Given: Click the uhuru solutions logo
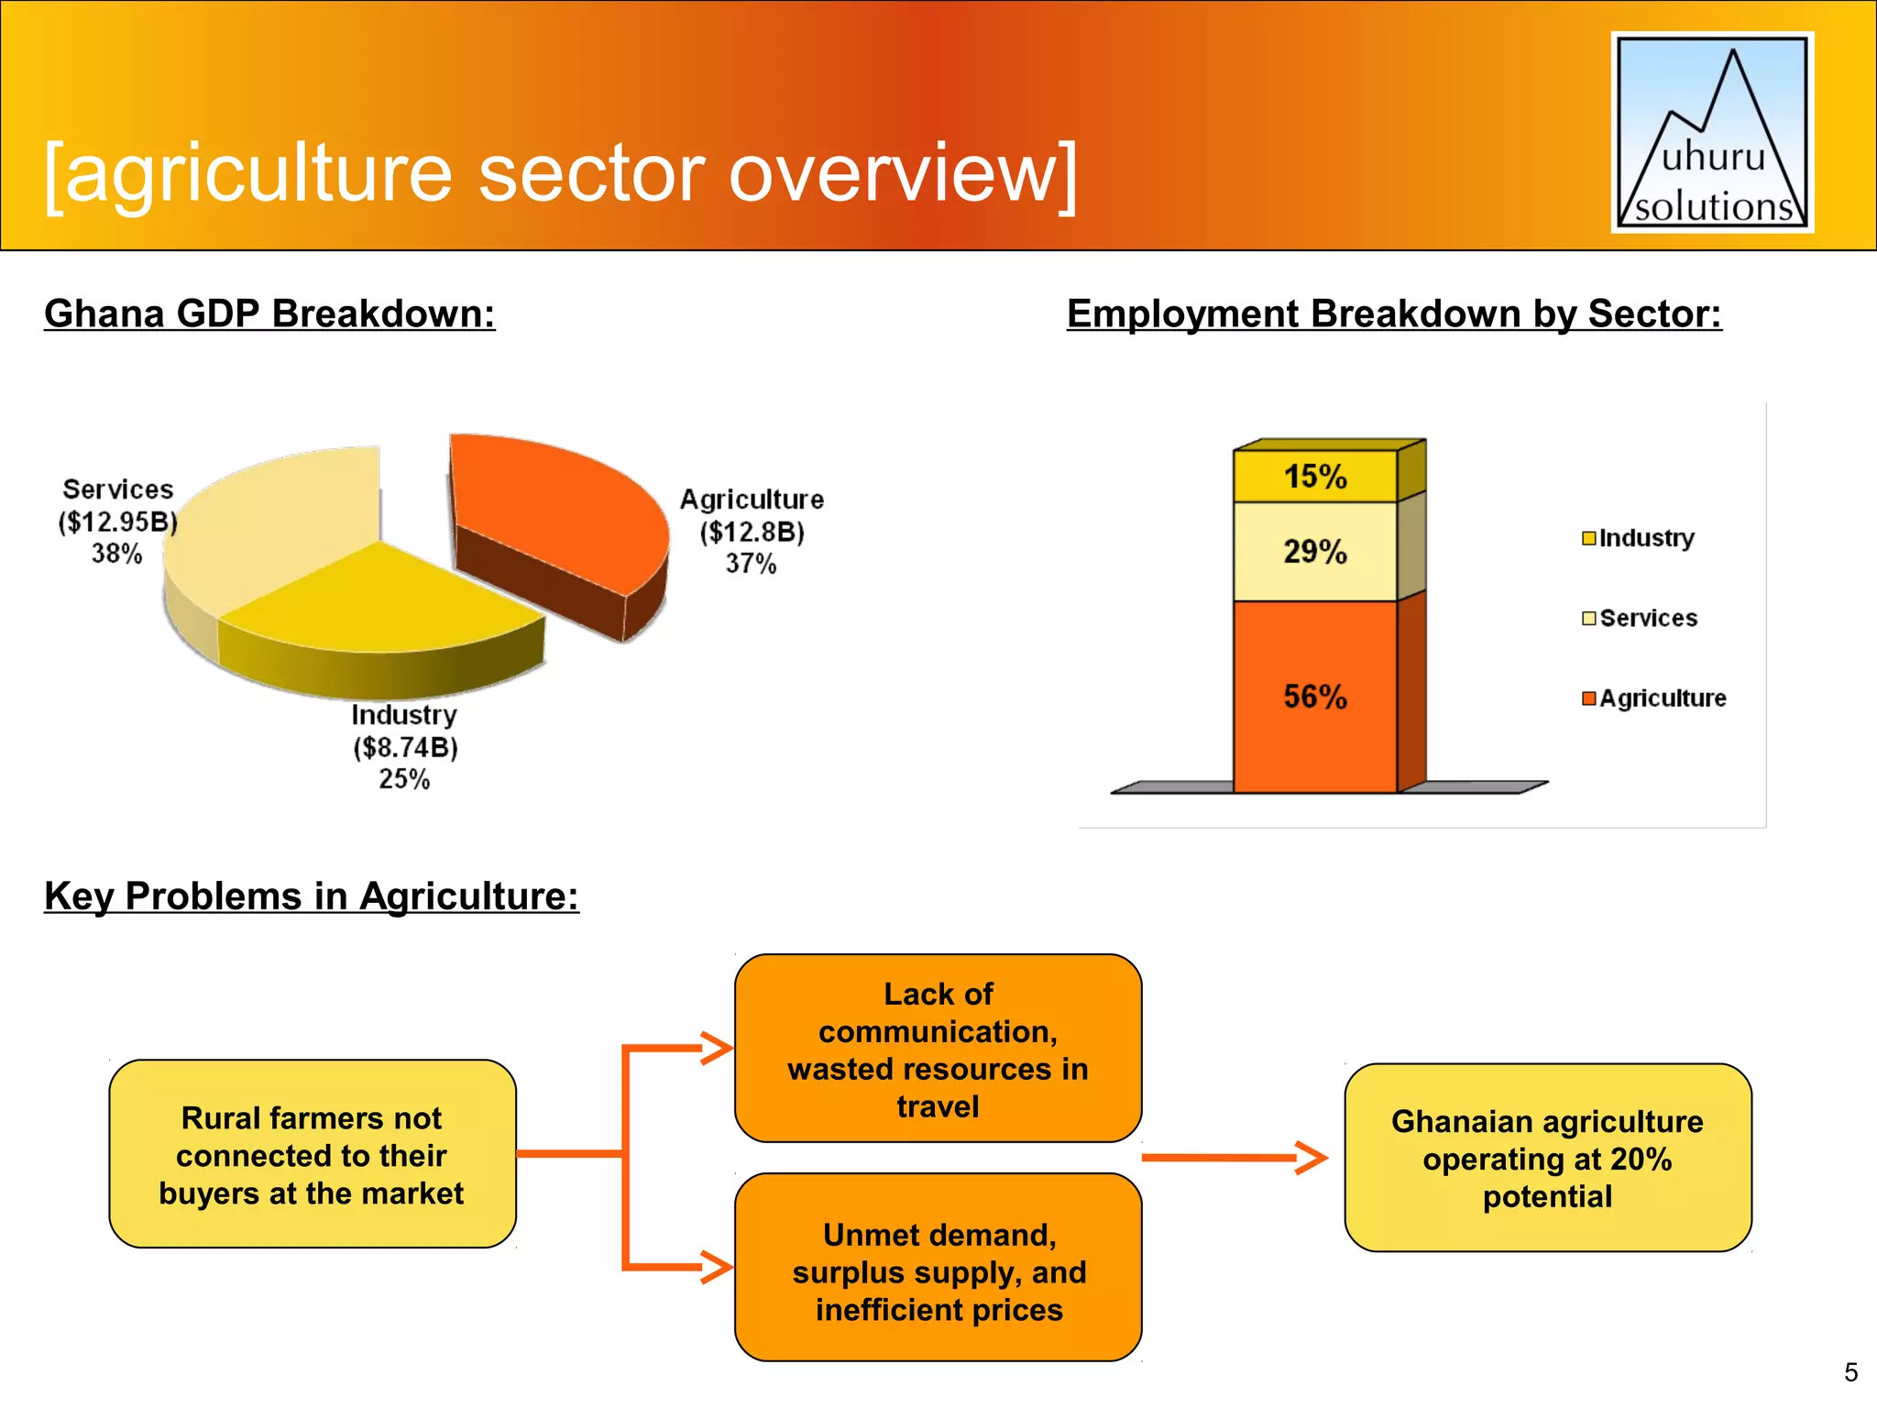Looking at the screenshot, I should pos(1712,133).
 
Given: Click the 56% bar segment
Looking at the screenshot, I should pos(1315,697).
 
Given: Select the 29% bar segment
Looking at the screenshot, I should pos(1315,551).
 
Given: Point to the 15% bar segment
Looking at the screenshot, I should pos(1315,476).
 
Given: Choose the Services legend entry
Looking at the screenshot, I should pos(1641,618).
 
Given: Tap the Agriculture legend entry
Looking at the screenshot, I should pos(1654,698).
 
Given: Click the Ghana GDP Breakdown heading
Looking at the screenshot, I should pos(269,313).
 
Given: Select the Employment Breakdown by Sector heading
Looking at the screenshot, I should pos(1394,313).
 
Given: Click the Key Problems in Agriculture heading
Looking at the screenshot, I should pos(312,896).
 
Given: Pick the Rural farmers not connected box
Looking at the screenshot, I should pos(312,1154).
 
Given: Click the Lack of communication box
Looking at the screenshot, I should pos(938,1049).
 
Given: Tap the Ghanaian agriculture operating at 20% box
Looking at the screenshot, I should pos(1547,1158).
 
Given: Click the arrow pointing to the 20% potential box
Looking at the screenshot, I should pos(1234,1158).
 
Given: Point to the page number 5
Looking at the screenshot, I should pos(1850,1372).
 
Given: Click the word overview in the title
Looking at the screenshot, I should pos(903,174).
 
